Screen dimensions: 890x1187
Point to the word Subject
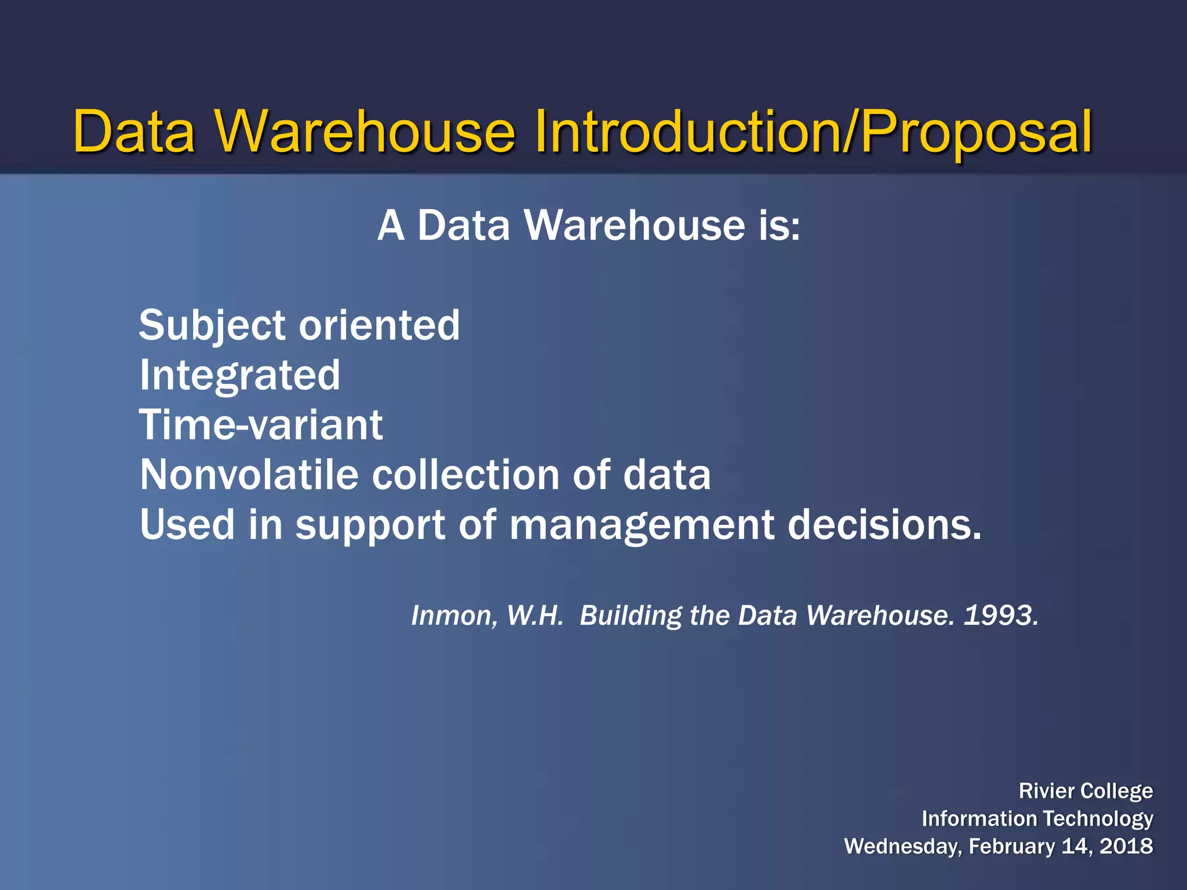click(213, 326)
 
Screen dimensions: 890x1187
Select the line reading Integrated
click(240, 375)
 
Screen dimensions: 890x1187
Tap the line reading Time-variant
click(261, 425)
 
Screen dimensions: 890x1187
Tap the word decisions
click(884, 524)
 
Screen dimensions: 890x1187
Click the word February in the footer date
click(1011, 847)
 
